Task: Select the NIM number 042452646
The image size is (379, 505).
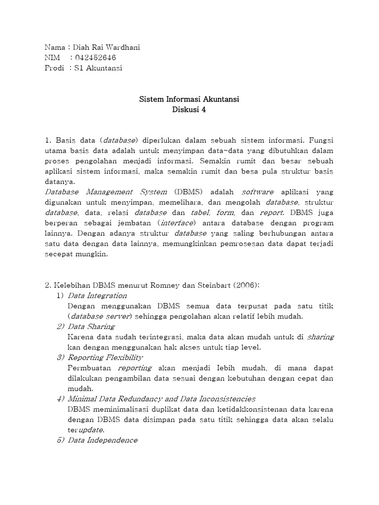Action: [96, 58]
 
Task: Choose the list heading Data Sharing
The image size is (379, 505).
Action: [91, 326]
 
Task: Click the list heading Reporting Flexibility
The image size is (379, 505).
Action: [105, 358]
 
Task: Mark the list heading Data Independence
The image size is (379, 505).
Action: [103, 440]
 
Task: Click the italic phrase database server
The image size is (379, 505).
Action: [99, 316]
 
